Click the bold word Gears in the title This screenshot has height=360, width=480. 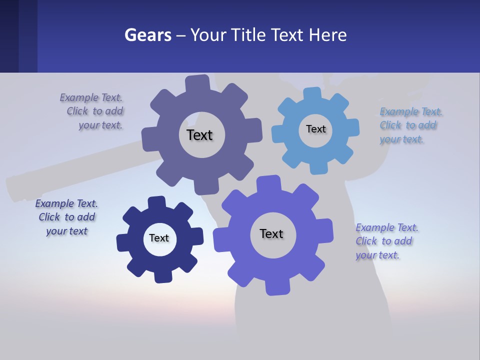point(147,35)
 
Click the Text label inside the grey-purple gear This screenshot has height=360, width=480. point(199,135)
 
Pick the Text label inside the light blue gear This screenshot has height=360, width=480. point(315,129)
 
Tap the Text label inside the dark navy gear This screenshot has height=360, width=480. point(159,238)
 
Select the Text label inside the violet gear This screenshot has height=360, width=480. point(271,233)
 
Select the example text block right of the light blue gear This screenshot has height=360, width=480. point(408,125)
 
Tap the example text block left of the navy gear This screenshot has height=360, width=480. point(67,217)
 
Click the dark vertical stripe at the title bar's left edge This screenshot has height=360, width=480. point(9,36)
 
